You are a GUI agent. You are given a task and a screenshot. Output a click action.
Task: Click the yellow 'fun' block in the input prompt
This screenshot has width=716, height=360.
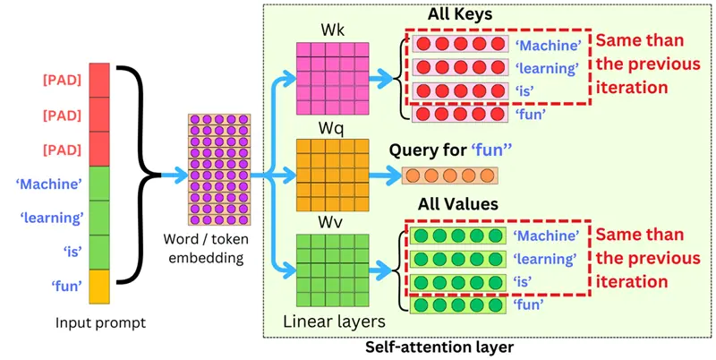(x=99, y=287)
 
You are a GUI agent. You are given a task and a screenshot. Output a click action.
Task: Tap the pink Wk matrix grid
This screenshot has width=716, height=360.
(x=332, y=78)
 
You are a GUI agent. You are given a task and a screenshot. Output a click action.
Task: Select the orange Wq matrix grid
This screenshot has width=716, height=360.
(x=332, y=175)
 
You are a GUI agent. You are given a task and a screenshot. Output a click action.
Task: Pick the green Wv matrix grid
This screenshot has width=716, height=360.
(x=332, y=270)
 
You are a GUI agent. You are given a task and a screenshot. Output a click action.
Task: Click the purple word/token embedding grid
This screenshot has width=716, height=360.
(x=219, y=169)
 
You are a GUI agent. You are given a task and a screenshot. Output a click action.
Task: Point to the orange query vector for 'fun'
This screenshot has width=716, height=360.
(x=450, y=176)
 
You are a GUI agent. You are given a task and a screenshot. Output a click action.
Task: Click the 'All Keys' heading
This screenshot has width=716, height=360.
(x=460, y=14)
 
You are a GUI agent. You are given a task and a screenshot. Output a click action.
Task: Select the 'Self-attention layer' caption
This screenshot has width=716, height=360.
(x=439, y=347)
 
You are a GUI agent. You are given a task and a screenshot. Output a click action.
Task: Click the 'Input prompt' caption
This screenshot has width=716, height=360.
(x=100, y=323)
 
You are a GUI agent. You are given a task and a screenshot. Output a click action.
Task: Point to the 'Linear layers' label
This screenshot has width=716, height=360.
(x=334, y=321)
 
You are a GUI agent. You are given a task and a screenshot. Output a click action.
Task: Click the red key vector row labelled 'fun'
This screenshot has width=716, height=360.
(x=460, y=115)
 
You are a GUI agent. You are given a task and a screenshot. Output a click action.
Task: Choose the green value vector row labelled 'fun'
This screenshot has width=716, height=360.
(x=458, y=305)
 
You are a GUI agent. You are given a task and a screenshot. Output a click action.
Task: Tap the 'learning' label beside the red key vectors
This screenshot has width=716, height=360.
(x=547, y=68)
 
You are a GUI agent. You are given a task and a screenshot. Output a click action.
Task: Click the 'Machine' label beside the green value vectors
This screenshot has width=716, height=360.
(x=546, y=236)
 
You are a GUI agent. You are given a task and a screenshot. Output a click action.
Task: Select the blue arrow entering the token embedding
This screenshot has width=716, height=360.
(x=174, y=174)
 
